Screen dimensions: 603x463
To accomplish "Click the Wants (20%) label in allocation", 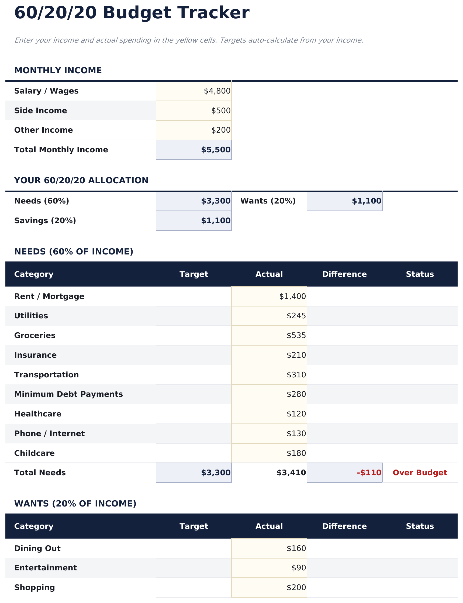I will click(x=268, y=201).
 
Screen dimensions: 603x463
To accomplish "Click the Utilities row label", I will click(x=31, y=316).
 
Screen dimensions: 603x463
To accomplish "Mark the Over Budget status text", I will click(x=419, y=473).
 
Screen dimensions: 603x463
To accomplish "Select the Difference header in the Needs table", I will click(x=344, y=274).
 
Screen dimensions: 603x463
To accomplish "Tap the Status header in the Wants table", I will click(x=419, y=526).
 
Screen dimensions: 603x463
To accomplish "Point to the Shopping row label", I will click(x=34, y=587).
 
